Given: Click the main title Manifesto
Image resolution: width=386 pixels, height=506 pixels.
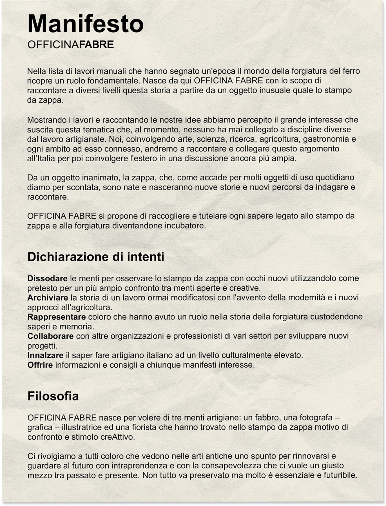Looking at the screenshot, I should [x=85, y=24].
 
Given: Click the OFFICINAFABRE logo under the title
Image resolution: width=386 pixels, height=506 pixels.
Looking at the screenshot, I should [x=70, y=45].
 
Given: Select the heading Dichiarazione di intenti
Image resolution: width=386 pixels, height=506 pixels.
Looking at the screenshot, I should [x=96, y=257].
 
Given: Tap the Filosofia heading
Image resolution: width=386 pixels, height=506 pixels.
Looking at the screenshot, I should [x=53, y=396].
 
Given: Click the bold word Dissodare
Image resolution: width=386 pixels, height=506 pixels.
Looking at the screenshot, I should [x=47, y=279].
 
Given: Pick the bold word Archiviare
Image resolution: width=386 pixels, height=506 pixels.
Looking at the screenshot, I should [x=48, y=298].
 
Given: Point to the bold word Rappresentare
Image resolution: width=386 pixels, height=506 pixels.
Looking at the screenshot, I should [x=56, y=317].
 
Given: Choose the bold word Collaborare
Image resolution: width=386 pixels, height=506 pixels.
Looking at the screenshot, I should [x=50, y=336].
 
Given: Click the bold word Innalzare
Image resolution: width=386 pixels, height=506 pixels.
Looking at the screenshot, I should [x=45, y=355].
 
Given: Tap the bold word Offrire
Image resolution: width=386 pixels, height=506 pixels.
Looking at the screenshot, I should [x=40, y=365].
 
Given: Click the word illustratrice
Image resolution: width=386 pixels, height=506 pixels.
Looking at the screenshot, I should [x=82, y=427].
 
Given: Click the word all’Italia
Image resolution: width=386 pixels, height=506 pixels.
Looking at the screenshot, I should [x=41, y=159].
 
